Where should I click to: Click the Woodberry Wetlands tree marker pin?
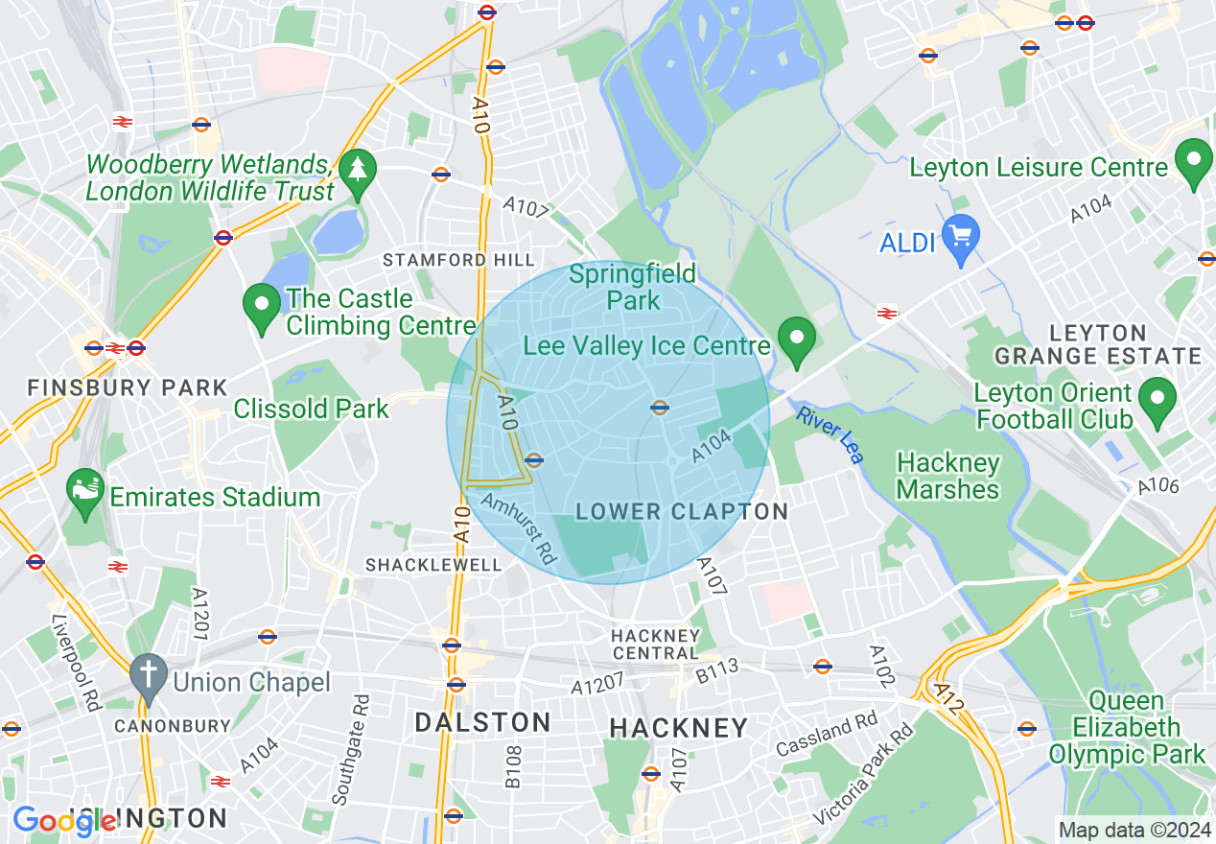click(358, 173)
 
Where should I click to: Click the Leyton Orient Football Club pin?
click(1158, 399)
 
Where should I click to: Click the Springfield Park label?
click(633, 287)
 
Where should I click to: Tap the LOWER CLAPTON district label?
click(682, 511)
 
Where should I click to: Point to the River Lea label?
click(830, 434)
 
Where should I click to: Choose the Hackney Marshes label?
click(947, 477)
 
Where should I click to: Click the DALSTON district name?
click(482, 722)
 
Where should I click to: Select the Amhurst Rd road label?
click(519, 527)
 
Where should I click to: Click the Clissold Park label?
click(312, 409)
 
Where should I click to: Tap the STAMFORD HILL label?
click(458, 260)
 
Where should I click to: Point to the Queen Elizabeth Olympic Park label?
click(1126, 728)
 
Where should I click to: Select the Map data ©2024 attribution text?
click(1133, 829)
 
